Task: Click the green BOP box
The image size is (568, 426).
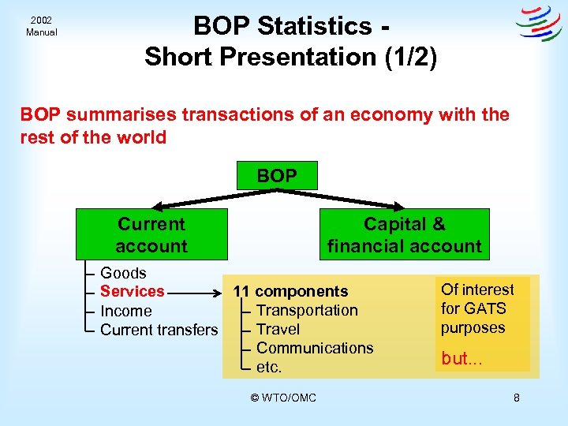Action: pos(277,175)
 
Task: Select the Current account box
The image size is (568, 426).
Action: pos(151,235)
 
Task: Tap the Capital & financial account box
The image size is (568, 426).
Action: pos(404,235)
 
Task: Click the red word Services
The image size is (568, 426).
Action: pos(132,291)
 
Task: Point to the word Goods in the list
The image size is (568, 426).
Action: pos(123,273)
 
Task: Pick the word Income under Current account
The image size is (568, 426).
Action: pos(125,311)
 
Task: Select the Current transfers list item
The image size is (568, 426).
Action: pos(159,330)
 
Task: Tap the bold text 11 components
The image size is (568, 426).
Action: pos(290,292)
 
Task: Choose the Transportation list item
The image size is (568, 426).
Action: pos(307,311)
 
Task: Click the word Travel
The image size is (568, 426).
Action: pos(278,329)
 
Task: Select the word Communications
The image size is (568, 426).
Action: pos(315,348)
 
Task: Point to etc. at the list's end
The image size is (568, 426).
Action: pos(269,367)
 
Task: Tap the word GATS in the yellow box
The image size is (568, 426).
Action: pos(485,308)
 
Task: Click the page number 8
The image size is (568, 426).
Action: pos(516,398)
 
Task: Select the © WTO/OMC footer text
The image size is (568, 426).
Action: pos(283,398)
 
